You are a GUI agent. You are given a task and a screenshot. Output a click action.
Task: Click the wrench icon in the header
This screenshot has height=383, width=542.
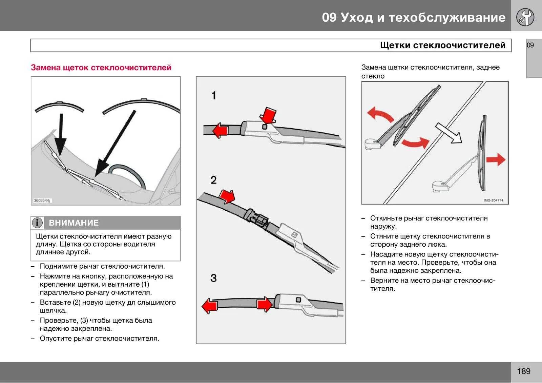point(525,17)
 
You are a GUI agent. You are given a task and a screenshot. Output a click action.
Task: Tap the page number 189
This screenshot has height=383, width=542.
point(524,371)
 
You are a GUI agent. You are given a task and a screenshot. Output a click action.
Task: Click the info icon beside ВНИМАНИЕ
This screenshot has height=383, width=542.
point(37,223)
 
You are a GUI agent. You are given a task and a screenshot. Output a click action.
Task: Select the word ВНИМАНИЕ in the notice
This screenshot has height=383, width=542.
point(74,223)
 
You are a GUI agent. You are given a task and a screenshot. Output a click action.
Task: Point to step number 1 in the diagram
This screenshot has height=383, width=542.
point(214,96)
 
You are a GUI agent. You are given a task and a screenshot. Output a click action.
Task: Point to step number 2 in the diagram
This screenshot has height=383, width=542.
point(213,180)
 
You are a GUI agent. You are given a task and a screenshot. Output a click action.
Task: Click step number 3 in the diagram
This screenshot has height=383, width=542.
point(213,278)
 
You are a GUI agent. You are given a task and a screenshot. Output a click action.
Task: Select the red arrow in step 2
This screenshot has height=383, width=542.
point(227,196)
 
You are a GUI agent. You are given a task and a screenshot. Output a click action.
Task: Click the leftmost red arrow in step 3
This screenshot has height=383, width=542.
point(209,306)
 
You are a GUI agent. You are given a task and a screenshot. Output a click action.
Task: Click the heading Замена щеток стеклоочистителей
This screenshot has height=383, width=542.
point(101,68)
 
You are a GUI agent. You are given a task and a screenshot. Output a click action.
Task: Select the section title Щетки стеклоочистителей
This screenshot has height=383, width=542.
point(443,45)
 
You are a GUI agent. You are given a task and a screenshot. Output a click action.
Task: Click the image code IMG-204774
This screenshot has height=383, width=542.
point(493,200)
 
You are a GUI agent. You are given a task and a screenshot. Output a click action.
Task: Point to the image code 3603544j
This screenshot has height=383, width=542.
point(42,201)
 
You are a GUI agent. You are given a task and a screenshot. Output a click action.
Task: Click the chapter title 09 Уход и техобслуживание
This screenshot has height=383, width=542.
point(414,18)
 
